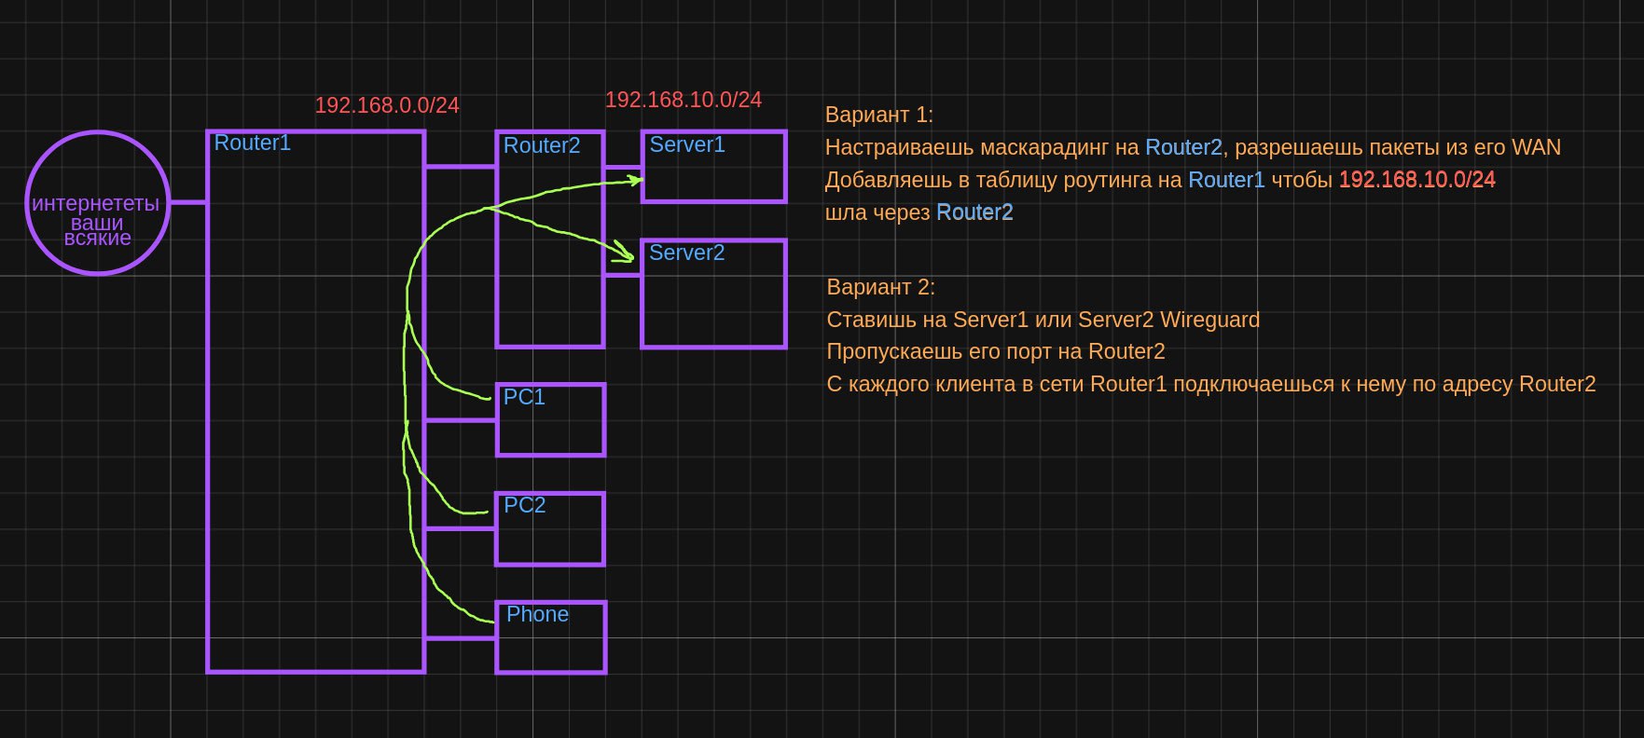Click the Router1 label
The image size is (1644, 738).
pyautogui.click(x=253, y=143)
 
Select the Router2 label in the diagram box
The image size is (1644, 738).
pyautogui.click(x=542, y=145)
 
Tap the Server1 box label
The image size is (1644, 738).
pyautogui.click(x=687, y=144)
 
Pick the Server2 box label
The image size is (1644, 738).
pyautogui.click(x=687, y=253)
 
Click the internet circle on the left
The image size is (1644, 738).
pyautogui.click(x=98, y=132)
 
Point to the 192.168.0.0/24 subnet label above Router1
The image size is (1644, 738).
pyautogui.click(x=387, y=105)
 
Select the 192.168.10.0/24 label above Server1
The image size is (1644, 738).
pyautogui.click(x=684, y=100)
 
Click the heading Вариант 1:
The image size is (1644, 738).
pyautogui.click(x=879, y=115)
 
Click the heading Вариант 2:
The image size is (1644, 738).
pyautogui.click(x=881, y=287)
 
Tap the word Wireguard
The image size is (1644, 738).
pyautogui.click(x=1209, y=320)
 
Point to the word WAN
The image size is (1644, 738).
pyautogui.click(x=1536, y=147)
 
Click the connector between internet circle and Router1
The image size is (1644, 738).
pyautogui.click(x=187, y=201)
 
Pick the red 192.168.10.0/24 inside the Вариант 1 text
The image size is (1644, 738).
pyautogui.click(x=1417, y=180)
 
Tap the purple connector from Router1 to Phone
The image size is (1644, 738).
pyautogui.click(x=461, y=638)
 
